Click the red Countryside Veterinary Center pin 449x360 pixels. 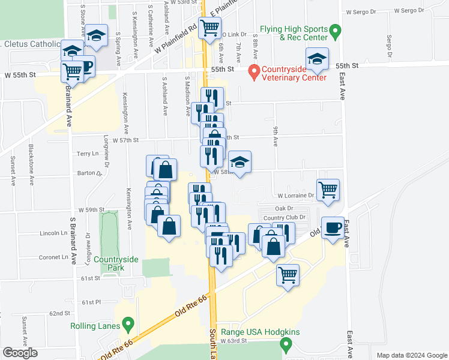[x=254, y=72]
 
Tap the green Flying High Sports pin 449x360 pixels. [x=336, y=29]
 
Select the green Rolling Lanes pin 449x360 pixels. [x=128, y=325]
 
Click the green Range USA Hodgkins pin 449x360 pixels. [x=286, y=344]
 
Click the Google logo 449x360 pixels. [x=20, y=353]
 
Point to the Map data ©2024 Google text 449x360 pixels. [x=411, y=355]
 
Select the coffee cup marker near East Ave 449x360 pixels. [x=333, y=228]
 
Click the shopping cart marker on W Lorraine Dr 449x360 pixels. [x=328, y=190]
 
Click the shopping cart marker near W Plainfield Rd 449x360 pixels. [x=210, y=27]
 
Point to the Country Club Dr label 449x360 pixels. [x=285, y=217]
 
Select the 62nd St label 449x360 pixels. [x=60, y=313]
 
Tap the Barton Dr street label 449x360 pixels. [x=90, y=173]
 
